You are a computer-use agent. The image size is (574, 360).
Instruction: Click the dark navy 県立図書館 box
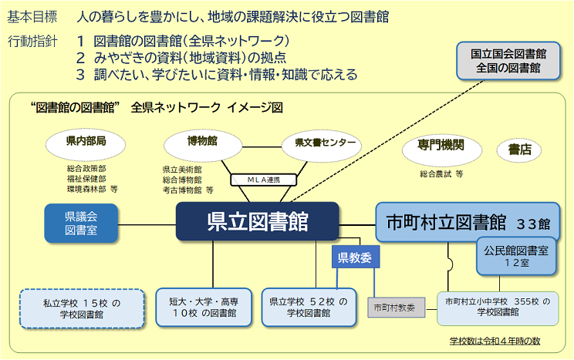click(x=257, y=222)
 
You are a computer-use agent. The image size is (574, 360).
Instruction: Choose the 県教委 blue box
click(x=354, y=257)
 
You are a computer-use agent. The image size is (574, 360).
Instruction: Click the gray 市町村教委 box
click(x=393, y=307)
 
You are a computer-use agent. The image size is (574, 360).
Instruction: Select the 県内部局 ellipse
click(x=86, y=143)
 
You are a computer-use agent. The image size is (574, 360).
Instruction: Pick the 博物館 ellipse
click(x=202, y=143)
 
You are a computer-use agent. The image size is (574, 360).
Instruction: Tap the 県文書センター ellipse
click(x=320, y=143)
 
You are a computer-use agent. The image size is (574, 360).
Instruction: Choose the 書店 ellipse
click(x=519, y=150)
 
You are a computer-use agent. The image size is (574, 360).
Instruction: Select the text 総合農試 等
click(x=441, y=174)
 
